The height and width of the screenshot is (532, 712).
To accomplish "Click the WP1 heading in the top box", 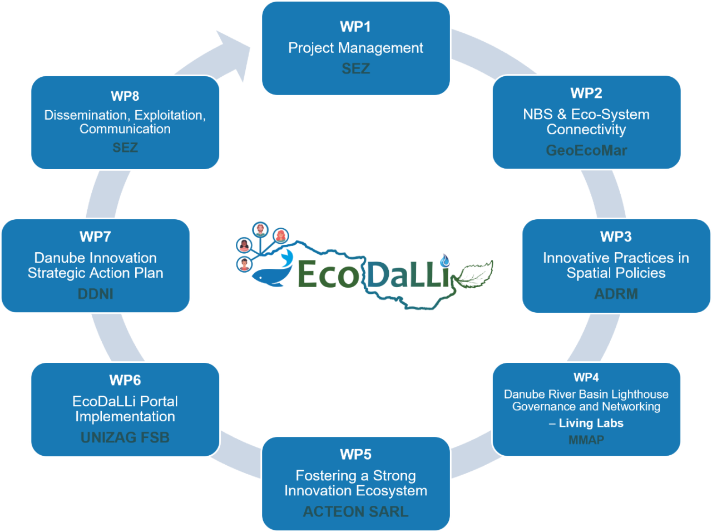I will tap(355, 27).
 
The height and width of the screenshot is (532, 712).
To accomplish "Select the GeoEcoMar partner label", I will tap(586, 150).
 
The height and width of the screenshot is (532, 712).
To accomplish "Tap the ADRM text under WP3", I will tap(616, 294).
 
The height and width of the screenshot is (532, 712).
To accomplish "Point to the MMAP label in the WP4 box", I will tap(586, 440).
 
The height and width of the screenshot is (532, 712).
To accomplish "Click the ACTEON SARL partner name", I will tap(355, 511).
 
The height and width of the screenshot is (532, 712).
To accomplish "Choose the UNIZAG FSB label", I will tap(125, 437).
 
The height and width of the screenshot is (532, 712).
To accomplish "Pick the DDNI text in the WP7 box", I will tap(96, 294).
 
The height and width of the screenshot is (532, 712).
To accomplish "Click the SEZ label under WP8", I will tap(125, 147).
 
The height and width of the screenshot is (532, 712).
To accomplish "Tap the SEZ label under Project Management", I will tap(355, 68).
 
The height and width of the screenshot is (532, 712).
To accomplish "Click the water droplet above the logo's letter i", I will tap(444, 260).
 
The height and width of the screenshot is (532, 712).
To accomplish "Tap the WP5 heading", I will tap(355, 455).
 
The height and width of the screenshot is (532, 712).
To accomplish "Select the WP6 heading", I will tap(125, 380).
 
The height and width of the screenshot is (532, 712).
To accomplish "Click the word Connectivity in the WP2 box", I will tap(586, 130).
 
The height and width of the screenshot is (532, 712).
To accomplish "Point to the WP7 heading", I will tap(96, 237).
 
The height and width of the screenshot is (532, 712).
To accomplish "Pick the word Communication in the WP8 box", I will tap(125, 129).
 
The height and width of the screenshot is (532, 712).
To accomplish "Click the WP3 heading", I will tap(616, 237).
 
